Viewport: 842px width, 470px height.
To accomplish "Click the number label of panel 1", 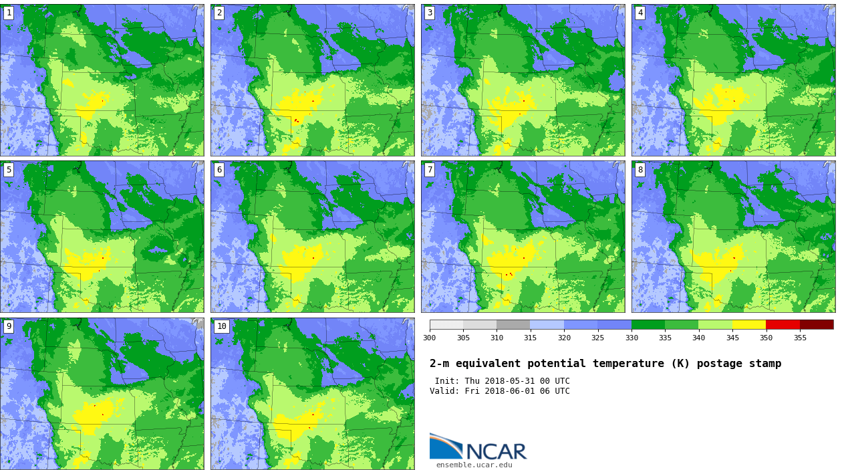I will click(9, 13).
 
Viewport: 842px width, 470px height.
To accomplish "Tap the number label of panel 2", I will click(219, 13).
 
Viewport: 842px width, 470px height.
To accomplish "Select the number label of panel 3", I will click(430, 13).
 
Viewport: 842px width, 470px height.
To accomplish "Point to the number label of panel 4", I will click(640, 13).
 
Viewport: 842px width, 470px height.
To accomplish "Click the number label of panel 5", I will click(9, 170).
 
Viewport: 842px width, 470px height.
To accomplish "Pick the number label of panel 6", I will click(219, 170).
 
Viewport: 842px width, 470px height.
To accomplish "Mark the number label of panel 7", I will click(430, 170).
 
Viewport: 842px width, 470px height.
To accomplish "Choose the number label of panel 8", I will click(640, 170).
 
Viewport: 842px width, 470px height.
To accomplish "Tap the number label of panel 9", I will click(9, 326).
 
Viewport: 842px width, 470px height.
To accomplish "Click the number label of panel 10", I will click(221, 326).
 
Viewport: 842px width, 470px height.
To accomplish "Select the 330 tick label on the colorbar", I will click(631, 338).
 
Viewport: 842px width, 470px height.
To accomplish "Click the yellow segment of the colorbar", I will click(749, 324).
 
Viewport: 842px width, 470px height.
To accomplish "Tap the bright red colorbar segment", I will click(783, 324).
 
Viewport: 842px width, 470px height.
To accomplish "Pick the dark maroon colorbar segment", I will click(817, 324).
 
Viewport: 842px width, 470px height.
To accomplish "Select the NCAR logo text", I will click(496, 451).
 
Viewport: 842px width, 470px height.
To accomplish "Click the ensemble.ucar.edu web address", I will click(474, 465).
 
